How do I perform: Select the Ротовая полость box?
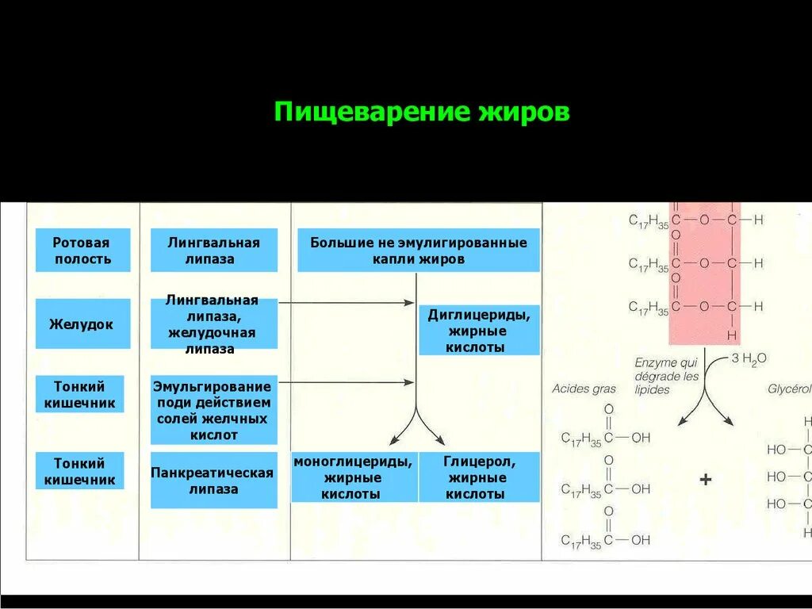coord(82,251)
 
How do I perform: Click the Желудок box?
coord(82,324)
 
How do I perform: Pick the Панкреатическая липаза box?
coord(213,481)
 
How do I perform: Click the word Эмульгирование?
coord(213,387)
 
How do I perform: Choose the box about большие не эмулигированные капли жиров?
coord(419,251)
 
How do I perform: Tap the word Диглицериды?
coord(478,315)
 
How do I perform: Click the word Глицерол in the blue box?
coord(479,462)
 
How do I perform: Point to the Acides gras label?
coord(584,389)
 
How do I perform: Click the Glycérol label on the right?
coord(788,389)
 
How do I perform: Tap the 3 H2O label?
coord(749,358)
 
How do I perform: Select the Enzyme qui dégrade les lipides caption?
coord(666,376)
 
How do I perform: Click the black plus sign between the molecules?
coord(706,480)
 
